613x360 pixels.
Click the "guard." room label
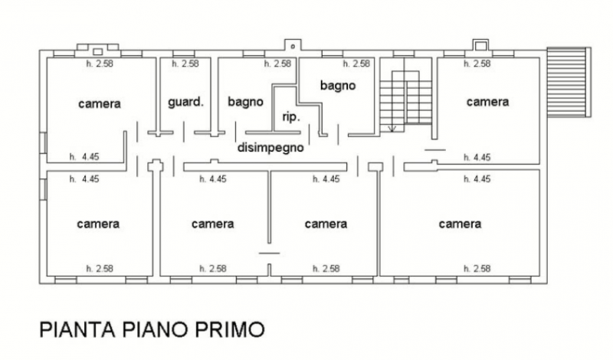click(185, 103)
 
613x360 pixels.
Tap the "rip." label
click(291, 117)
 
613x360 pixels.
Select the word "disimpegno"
click(270, 148)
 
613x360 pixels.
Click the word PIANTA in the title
click(77, 329)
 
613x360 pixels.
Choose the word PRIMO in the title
click(230, 329)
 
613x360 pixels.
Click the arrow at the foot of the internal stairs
click(392, 128)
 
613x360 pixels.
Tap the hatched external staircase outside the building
click(569, 82)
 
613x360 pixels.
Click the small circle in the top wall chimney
click(293, 47)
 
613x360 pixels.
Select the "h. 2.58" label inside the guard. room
click(185, 64)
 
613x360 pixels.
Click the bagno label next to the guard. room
click(245, 102)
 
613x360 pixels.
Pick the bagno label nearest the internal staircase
click(338, 86)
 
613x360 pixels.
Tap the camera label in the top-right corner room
click(487, 102)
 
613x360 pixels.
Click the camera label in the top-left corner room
click(100, 104)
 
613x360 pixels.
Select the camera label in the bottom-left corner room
click(98, 224)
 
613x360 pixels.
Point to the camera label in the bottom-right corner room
click(460, 224)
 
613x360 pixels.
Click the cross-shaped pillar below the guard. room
click(156, 166)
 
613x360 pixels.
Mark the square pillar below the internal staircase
click(375, 167)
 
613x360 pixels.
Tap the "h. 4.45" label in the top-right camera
click(477, 158)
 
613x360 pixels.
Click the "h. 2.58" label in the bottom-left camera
click(100, 269)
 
